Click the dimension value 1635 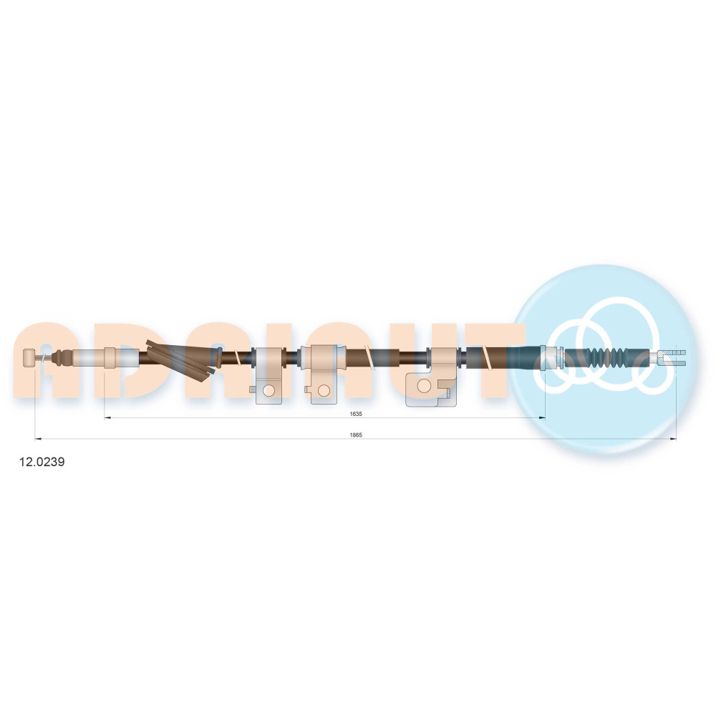pos(356,414)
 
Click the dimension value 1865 pos(356,435)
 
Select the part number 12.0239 pos(42,462)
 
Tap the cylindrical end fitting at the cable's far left pos(29,357)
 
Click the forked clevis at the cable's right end pos(671,357)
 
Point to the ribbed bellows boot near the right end pos(596,357)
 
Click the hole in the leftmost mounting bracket pos(269,390)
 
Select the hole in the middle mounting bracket pos(324,390)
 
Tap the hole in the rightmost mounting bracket pos(424,386)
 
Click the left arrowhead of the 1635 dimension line pos(107,417)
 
